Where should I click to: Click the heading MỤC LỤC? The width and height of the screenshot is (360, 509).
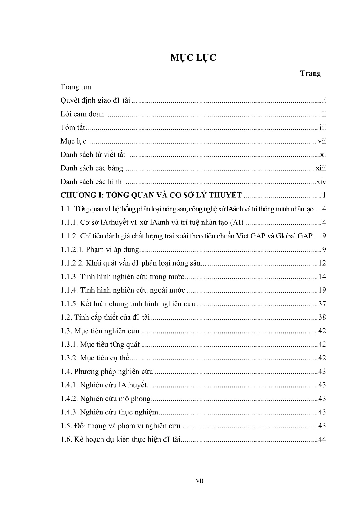click(193, 58)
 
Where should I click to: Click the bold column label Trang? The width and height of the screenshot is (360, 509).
click(310, 73)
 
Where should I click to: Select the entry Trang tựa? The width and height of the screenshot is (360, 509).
click(76, 87)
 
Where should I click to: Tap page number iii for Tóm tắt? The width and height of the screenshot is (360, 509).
click(323, 127)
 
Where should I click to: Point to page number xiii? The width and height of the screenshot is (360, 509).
click(321, 168)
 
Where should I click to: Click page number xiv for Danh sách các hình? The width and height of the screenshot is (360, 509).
click(321, 182)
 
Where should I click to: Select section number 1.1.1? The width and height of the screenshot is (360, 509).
click(69, 223)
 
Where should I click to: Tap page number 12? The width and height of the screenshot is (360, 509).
click(322, 263)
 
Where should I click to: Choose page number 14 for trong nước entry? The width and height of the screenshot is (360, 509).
click(322, 277)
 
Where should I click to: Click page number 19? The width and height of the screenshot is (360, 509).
click(322, 290)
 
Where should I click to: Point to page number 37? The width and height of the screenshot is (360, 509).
click(322, 304)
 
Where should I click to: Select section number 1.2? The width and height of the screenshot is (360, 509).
click(66, 317)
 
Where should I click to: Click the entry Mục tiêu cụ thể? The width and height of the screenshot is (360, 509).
click(104, 358)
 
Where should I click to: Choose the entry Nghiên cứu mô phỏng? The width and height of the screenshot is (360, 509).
click(115, 399)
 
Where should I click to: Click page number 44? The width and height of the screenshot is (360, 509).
click(322, 439)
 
